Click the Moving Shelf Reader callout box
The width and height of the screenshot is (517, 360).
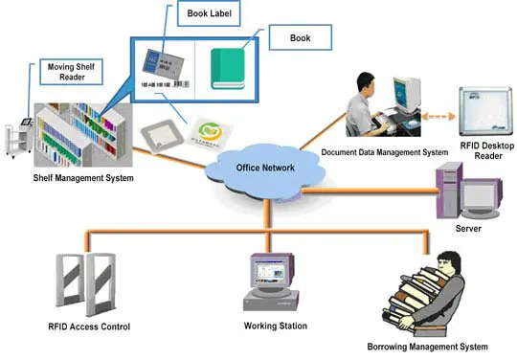pyautogui.click(x=72, y=73)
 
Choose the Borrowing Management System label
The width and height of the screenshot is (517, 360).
pyautogui.click(x=421, y=346)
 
